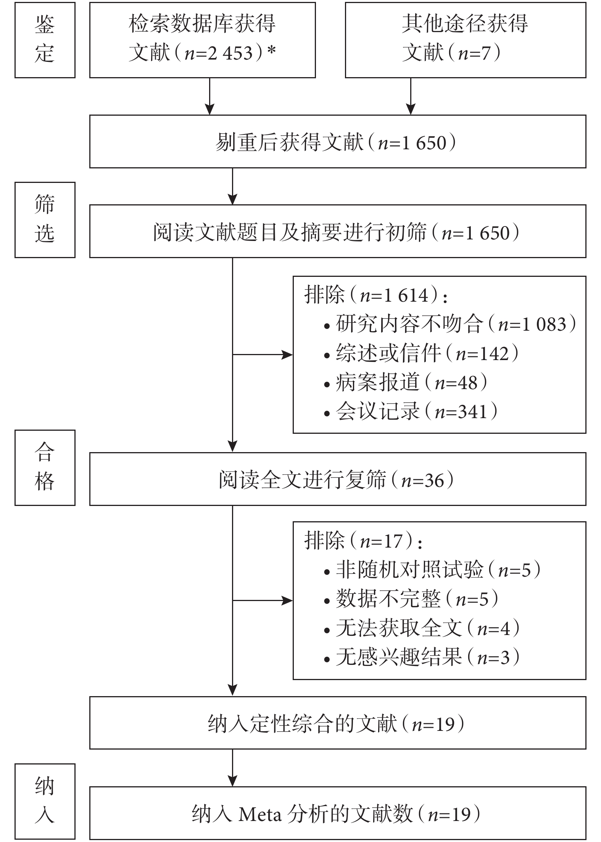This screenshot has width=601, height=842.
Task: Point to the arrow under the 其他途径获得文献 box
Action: [411, 96]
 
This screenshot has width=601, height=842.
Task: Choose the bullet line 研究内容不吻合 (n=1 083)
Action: [450, 324]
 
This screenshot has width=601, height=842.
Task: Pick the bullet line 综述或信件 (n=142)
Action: [421, 353]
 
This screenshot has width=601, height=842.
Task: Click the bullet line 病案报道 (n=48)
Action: [405, 382]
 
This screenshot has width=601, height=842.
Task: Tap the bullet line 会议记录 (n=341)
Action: [411, 411]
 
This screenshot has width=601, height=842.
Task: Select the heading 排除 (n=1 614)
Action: [375, 295]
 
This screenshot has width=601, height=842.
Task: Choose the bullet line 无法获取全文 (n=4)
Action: [422, 628]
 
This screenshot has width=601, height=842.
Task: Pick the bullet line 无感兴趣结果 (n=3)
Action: [422, 657]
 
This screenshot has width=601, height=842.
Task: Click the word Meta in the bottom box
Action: [260, 815]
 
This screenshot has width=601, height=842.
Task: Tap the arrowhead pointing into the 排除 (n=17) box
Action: [287, 601]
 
